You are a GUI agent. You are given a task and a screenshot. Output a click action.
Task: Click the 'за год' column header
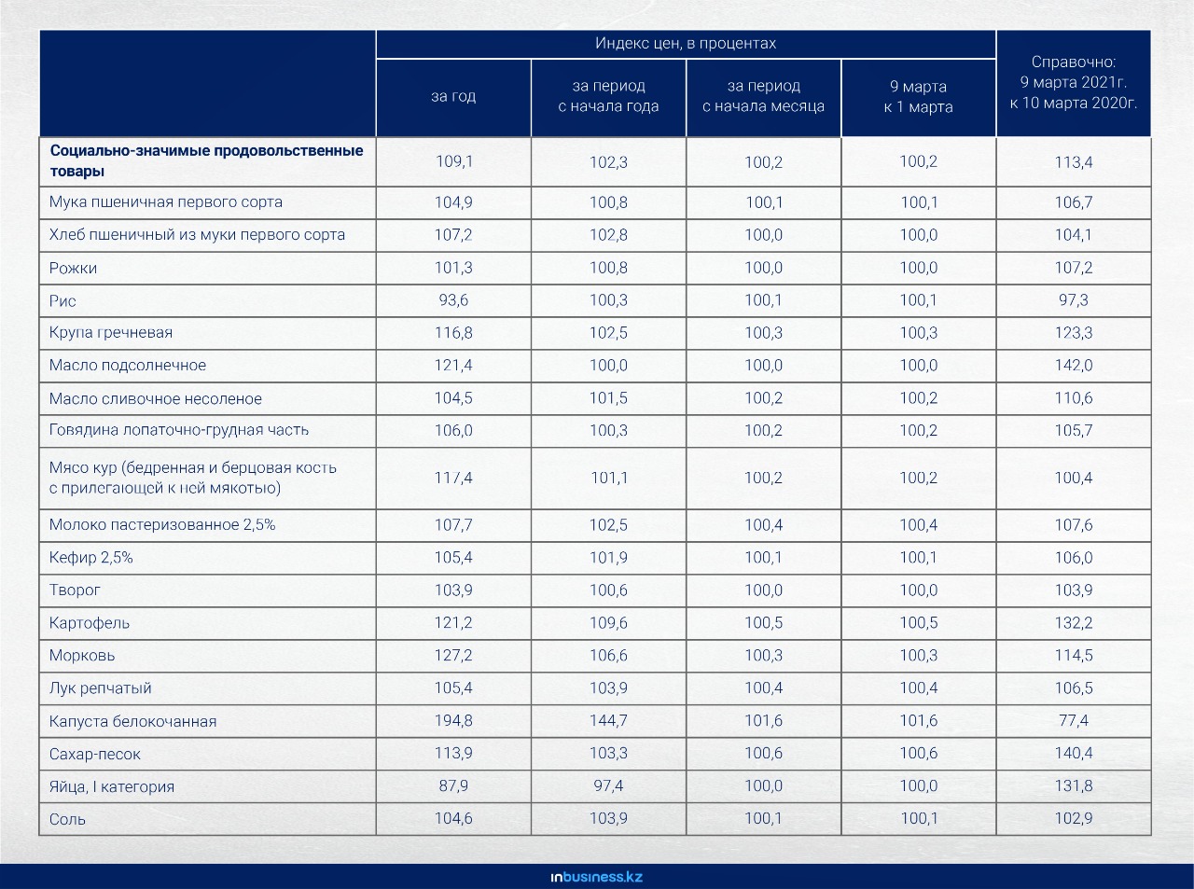(453, 96)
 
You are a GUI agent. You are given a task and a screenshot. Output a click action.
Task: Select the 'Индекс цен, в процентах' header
(686, 43)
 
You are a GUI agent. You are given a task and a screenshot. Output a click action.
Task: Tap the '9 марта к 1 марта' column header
(919, 96)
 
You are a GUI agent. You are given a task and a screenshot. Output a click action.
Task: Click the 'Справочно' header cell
(1074, 82)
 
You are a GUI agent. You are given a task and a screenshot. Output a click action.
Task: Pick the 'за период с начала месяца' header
(763, 96)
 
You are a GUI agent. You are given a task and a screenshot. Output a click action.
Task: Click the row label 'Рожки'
(73, 268)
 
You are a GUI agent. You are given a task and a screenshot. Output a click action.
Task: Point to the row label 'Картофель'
(90, 623)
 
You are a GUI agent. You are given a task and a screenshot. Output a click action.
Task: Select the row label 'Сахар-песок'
(95, 754)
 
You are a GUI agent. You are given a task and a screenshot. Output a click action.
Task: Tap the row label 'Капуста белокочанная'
(133, 721)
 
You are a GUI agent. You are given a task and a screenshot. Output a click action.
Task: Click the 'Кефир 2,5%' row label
(91, 557)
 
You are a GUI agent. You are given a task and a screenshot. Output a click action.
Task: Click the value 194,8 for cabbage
(453, 720)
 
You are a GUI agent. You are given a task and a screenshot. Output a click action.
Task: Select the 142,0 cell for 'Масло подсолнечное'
(1074, 365)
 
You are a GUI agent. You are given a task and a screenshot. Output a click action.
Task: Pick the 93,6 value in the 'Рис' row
(453, 300)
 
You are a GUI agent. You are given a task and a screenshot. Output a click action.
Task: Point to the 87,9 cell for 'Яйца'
(453, 785)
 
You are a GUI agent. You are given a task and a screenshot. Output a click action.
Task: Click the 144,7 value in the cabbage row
(608, 720)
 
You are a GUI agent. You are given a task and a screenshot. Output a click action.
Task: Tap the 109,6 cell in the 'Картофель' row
(608, 622)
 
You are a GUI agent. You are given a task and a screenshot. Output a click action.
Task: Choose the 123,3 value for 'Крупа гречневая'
(1074, 333)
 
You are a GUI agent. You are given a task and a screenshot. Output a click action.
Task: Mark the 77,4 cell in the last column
(1074, 720)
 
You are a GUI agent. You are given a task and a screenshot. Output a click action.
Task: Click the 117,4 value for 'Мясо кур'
(453, 478)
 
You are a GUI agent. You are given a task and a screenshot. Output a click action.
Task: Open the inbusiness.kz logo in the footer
(596, 877)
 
